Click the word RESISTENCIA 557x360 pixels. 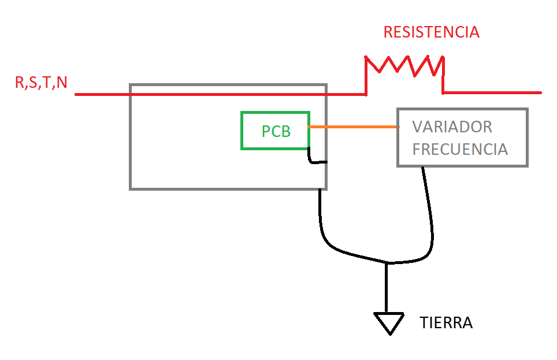[431, 32]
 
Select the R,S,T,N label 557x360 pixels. [41, 83]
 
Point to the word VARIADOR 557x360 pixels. [452, 127]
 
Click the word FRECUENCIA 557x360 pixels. [460, 149]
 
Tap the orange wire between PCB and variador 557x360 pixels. [354, 127]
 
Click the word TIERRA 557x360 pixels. [446, 322]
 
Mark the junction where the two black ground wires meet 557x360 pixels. [387, 262]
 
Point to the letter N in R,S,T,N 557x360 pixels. [62, 83]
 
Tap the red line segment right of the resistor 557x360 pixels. [492, 93]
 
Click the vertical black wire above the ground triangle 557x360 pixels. [387, 288]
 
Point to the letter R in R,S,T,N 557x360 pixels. [19, 83]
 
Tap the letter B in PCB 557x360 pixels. [285, 132]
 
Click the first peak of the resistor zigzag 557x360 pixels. [366, 57]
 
